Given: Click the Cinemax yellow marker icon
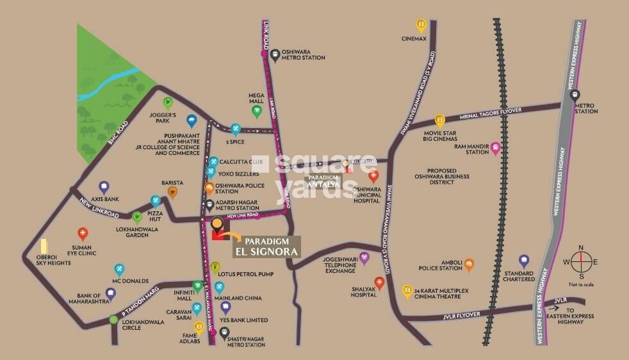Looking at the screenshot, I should pos(421,26).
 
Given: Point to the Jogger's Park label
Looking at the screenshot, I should pos(162,117).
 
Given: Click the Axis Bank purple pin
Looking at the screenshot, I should pos(103,187).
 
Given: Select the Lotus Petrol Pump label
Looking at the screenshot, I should pos(246,274).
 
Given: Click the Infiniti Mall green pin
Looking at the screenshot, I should pos(197,286).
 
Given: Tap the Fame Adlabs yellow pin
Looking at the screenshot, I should pos(199,328).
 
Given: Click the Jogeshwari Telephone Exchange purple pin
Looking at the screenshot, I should pos(364,258).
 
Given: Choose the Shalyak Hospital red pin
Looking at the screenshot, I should pos(379,283).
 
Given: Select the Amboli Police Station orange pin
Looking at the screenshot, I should pos(470,264).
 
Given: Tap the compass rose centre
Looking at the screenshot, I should pos(581,261).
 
